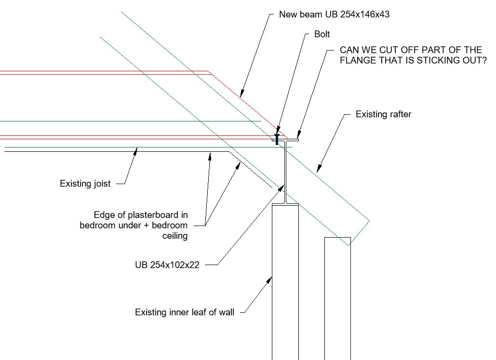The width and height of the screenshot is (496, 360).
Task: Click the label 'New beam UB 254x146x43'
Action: pyautogui.click(x=334, y=14)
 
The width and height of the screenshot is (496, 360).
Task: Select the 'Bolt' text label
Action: pyautogui.click(x=322, y=34)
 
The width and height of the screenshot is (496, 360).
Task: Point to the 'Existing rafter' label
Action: pyautogui.click(x=383, y=114)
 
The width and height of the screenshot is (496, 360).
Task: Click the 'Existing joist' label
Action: pyautogui.click(x=85, y=184)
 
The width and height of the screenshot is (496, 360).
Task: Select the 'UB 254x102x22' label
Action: pyautogui.click(x=167, y=265)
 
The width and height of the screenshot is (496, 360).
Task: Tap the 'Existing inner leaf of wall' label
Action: pyautogui.click(x=185, y=312)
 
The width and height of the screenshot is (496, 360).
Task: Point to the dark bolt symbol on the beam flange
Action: pyautogui.click(x=277, y=139)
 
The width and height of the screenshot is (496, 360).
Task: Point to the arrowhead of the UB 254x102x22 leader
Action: pyautogui.click(x=281, y=188)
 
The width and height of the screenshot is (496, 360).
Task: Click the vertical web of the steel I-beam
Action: pyautogui.click(x=286, y=173)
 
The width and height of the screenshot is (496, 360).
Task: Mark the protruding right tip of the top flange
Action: pyautogui.click(x=298, y=140)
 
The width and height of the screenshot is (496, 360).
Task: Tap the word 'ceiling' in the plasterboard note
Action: pyautogui.click(x=175, y=236)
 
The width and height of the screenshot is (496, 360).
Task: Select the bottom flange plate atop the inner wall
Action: pyautogui.click(x=285, y=205)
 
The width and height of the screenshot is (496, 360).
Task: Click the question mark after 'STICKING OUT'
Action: pyautogui.click(x=484, y=60)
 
